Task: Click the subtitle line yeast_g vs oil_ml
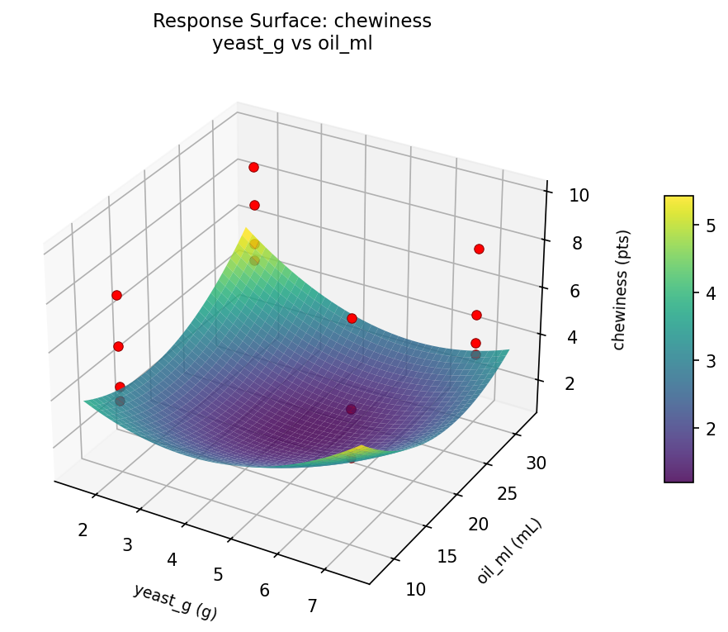click(x=292, y=44)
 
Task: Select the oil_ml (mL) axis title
click(x=509, y=551)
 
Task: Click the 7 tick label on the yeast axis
click(x=312, y=606)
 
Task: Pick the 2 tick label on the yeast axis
click(x=83, y=530)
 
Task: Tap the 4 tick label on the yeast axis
click(x=172, y=560)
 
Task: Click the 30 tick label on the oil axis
click(x=536, y=463)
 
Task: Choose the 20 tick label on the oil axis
click(x=479, y=525)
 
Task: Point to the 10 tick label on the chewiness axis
click(x=579, y=196)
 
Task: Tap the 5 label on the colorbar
click(x=710, y=225)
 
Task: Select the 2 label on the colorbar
click(x=710, y=428)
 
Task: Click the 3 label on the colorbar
click(x=710, y=360)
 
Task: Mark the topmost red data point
click(x=253, y=168)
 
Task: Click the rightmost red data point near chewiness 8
click(x=479, y=249)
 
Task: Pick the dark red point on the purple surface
click(x=352, y=409)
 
